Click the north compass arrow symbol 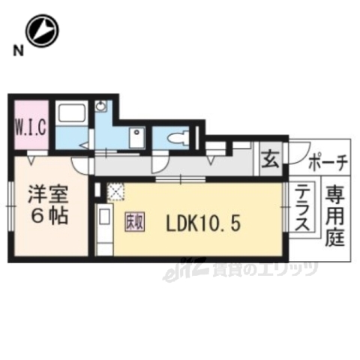(x=42, y=31)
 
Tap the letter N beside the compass (x=16, y=51)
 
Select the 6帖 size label (x=49, y=217)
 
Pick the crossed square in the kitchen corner (x=115, y=193)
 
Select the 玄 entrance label (x=269, y=160)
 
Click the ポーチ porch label (x=327, y=162)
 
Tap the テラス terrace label (x=303, y=209)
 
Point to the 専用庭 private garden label (x=334, y=217)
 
